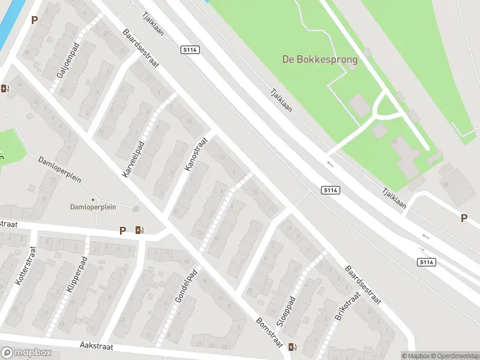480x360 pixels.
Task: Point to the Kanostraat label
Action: [196, 154]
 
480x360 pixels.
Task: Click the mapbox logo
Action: [26, 353]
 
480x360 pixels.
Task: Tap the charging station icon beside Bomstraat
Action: [292, 347]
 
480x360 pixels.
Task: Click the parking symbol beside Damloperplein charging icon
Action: [123, 230]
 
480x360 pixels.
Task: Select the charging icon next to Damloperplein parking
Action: [140, 230]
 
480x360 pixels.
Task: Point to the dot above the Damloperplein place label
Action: [92, 199]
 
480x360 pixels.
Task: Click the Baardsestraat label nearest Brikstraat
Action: [363, 286]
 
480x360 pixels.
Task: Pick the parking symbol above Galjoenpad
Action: [34, 19]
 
